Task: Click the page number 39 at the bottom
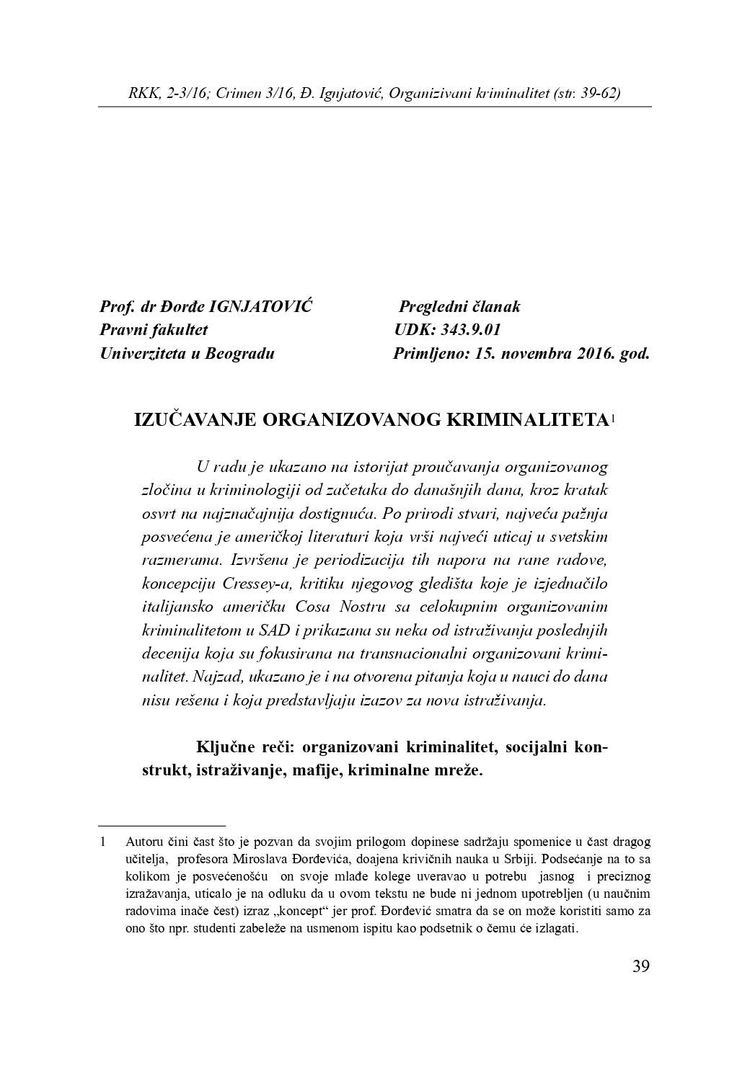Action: pyautogui.click(x=640, y=966)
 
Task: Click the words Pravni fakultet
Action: pyautogui.click(x=154, y=330)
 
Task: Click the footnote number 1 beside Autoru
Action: pyautogui.click(x=103, y=842)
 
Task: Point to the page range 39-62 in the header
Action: pyautogui.click(x=595, y=94)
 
